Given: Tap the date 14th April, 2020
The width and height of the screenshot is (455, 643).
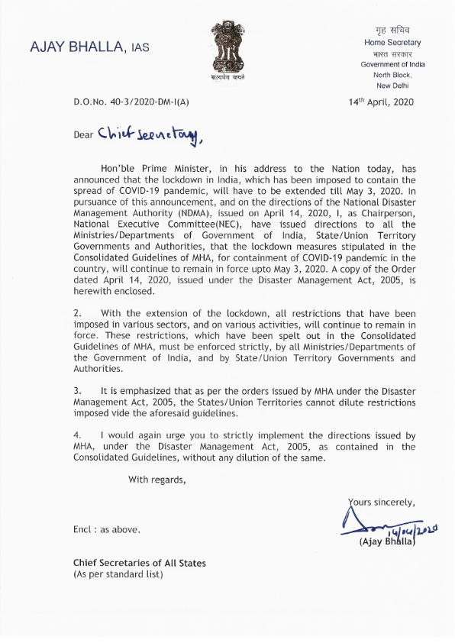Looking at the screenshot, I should (380, 102).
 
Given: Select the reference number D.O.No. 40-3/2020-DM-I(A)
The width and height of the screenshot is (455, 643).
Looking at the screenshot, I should (131, 102).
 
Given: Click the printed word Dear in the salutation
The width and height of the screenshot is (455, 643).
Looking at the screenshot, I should (83, 136).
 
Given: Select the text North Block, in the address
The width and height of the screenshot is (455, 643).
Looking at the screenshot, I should (392, 75).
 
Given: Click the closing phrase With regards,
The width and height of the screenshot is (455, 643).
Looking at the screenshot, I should (157, 480).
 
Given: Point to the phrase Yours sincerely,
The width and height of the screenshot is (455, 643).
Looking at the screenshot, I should (381, 502).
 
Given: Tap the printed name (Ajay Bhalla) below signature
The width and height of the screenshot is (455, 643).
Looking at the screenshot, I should (386, 541).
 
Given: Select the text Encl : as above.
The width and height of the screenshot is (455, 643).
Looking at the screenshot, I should (106, 528).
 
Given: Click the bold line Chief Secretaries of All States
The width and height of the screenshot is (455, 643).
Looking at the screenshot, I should (139, 563).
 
